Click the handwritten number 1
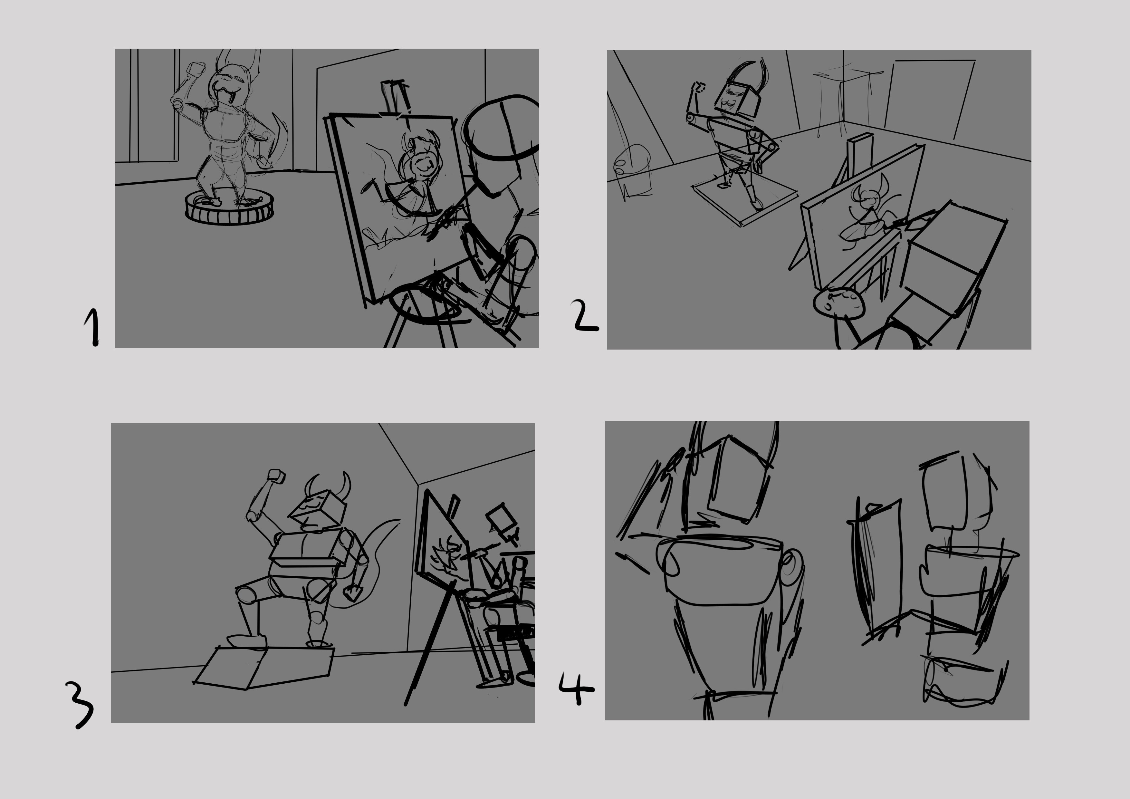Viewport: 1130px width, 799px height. (92, 327)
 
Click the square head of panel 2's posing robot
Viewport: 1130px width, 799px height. (737, 99)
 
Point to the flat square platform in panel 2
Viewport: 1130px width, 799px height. (745, 199)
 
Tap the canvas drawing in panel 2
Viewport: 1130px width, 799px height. (859, 217)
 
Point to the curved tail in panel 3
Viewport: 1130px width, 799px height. (374, 561)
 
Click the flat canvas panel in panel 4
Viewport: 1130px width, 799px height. (881, 571)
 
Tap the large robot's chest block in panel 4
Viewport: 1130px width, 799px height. (721, 571)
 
